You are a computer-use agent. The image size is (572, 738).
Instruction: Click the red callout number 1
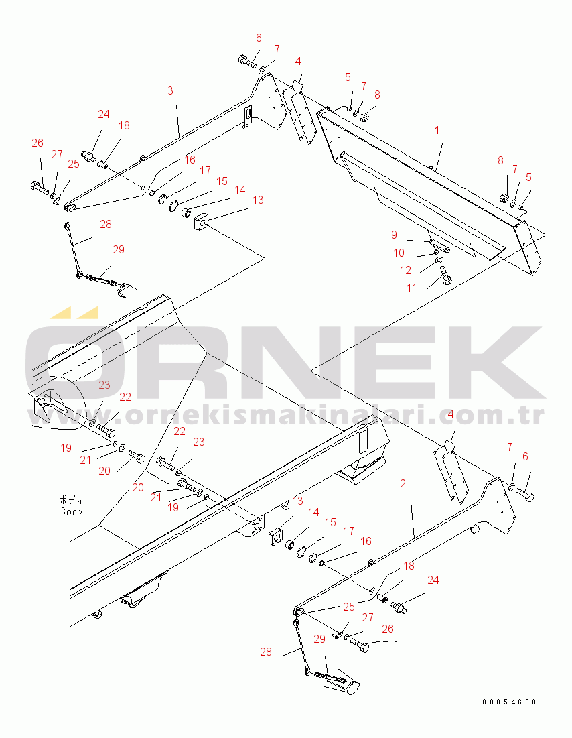pos(437,130)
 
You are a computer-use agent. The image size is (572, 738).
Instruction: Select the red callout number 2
pos(403,483)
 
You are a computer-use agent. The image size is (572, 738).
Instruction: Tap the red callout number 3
pos(170,90)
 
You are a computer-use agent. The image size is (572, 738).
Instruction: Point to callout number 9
pos(395,235)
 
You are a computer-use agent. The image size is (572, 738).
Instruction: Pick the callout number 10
pos(399,253)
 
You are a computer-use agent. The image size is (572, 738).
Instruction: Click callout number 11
pos(412,287)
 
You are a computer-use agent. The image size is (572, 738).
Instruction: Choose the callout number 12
pos(406,270)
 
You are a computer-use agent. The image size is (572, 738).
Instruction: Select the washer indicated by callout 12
pos(439,260)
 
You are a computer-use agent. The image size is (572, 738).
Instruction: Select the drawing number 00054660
pos(509,702)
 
